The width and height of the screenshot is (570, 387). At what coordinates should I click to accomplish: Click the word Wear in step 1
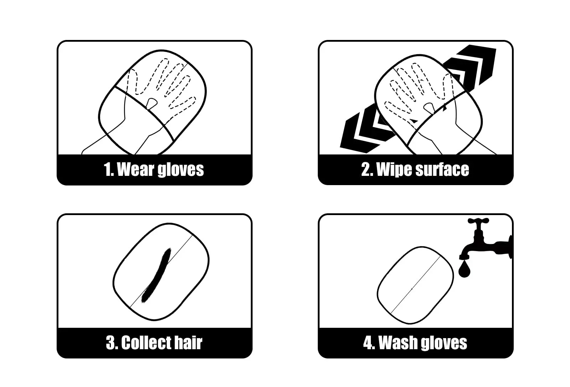point(136,169)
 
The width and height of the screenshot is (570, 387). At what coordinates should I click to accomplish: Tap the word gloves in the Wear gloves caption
point(181,170)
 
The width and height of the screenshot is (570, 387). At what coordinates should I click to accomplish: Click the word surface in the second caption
point(442,169)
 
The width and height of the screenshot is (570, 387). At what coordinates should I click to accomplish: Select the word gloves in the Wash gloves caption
point(444,344)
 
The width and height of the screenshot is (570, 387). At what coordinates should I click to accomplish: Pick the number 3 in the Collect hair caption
point(111,343)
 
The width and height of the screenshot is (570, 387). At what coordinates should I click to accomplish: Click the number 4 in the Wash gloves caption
point(369,343)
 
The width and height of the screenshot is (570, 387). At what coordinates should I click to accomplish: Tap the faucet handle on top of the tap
point(478,221)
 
